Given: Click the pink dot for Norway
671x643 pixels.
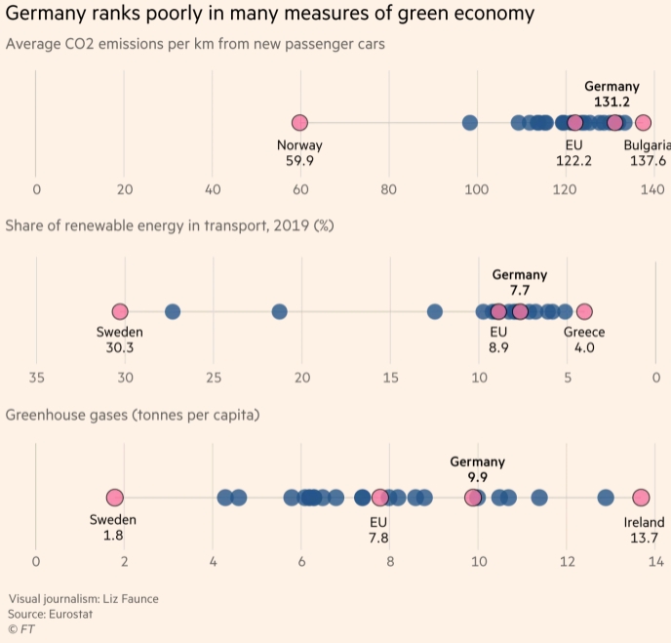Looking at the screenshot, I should [x=299, y=123].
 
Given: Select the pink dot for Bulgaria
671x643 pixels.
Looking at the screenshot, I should [x=643, y=123].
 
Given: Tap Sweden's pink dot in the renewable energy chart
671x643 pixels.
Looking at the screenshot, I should [x=120, y=311].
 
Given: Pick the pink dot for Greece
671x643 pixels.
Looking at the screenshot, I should [x=584, y=311].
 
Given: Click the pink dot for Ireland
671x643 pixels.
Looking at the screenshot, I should [x=641, y=498].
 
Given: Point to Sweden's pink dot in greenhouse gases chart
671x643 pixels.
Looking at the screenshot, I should [x=115, y=498].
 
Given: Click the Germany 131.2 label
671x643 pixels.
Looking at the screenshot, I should [x=612, y=95].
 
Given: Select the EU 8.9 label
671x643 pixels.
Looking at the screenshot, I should [x=498, y=340].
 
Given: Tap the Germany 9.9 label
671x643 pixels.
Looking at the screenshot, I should [x=478, y=469].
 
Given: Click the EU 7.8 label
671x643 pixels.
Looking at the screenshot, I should [x=378, y=528].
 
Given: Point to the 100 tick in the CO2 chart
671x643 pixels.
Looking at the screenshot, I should [x=477, y=189].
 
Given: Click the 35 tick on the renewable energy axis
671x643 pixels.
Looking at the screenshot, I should [x=36, y=377].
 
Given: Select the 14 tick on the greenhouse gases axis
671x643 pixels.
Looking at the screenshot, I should [x=654, y=561].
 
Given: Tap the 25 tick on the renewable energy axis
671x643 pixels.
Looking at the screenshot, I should [x=214, y=377].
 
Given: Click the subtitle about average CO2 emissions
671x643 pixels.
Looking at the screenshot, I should [x=195, y=45].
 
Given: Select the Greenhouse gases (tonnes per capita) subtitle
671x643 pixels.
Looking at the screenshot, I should [x=133, y=415].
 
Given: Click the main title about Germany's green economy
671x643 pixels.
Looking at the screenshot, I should [x=270, y=14].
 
